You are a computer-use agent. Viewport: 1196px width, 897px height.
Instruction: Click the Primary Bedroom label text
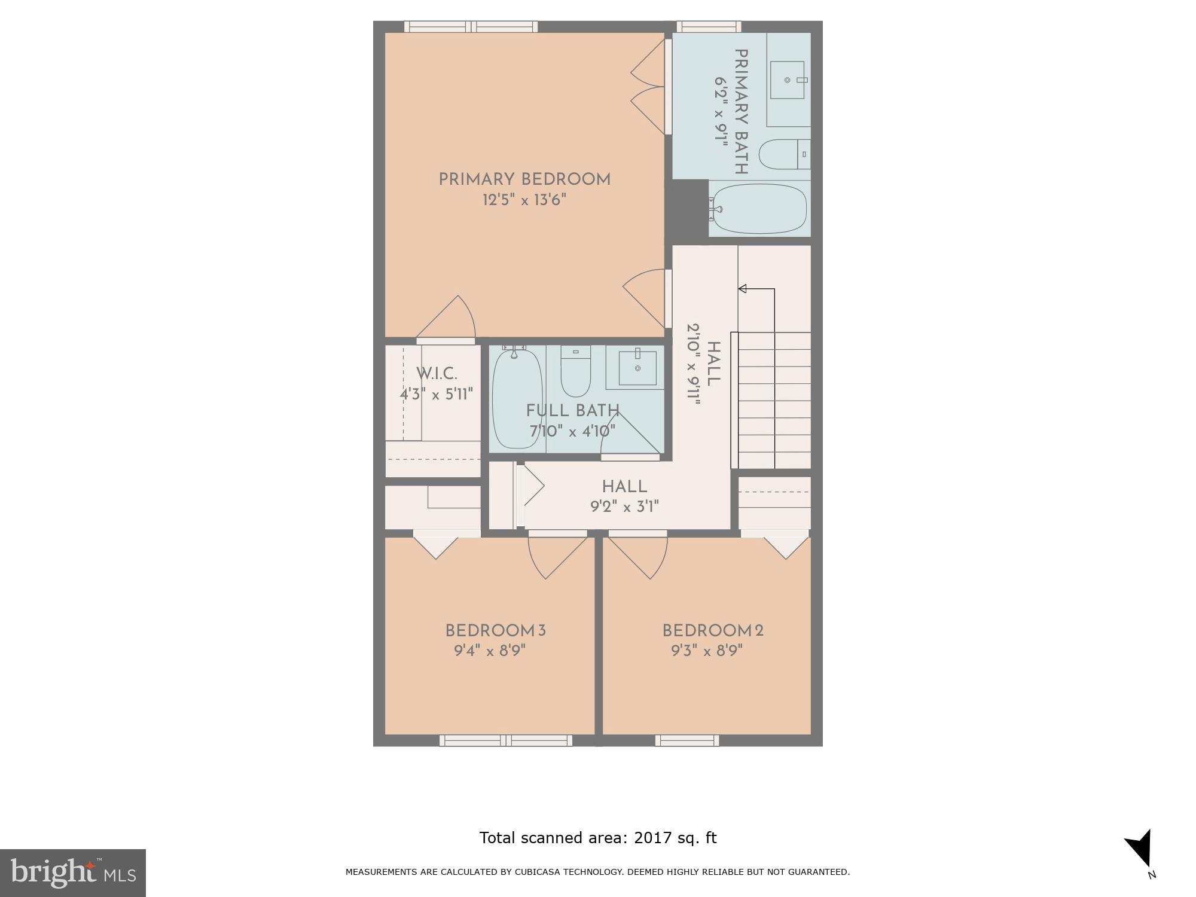(524, 179)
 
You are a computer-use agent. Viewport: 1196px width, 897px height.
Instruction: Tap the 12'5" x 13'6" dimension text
(524, 200)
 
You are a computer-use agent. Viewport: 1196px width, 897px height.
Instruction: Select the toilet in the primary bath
(783, 154)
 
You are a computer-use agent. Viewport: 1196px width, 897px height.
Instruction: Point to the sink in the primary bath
(787, 80)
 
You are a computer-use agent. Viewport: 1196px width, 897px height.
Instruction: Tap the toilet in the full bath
(576, 372)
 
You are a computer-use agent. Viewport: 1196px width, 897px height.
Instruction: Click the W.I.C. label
(437, 374)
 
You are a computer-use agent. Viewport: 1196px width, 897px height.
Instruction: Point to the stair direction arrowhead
(743, 289)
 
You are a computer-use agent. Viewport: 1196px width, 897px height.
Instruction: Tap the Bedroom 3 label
(495, 631)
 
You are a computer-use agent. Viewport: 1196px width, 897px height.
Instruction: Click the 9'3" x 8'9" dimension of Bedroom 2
(707, 651)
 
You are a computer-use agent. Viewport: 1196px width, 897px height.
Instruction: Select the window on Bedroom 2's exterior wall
(687, 741)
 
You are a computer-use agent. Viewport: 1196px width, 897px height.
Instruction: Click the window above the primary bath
(709, 26)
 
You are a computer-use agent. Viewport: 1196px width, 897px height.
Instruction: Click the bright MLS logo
(73, 873)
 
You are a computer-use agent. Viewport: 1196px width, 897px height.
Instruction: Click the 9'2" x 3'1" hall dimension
(624, 507)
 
